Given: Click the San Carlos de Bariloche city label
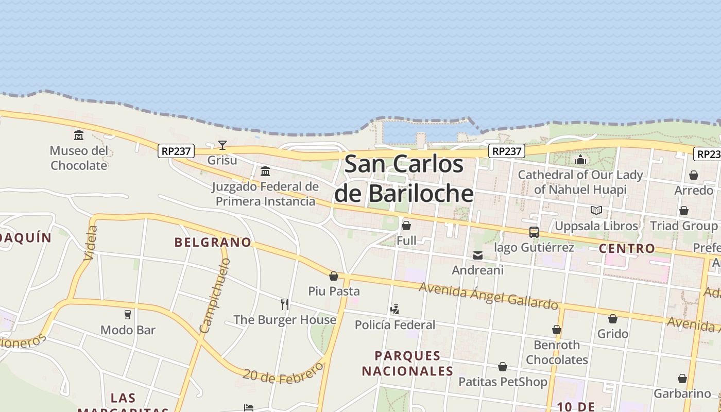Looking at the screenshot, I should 404,179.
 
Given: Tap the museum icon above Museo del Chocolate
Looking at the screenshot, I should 79,135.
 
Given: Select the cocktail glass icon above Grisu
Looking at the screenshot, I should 222,145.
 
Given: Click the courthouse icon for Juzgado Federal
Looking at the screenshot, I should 265,171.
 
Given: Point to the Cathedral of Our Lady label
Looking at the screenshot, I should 580,182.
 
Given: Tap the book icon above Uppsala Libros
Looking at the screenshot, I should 596,211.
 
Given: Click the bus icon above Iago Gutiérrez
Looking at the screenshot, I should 534,232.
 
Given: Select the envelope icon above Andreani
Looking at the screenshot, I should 478,255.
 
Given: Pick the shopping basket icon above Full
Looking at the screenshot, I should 406,226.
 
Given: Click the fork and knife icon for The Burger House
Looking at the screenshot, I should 285,304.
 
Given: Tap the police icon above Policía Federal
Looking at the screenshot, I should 395,310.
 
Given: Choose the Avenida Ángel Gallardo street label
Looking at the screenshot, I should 488,296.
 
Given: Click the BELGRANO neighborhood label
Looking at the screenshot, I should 213,242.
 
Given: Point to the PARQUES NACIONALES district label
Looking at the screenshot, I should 407,363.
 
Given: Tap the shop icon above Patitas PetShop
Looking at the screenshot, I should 503,367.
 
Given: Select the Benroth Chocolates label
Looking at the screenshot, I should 557,352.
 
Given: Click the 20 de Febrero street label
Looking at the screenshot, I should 283,373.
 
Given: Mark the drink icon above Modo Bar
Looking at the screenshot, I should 128,315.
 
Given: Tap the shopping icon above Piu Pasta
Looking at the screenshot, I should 334,277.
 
